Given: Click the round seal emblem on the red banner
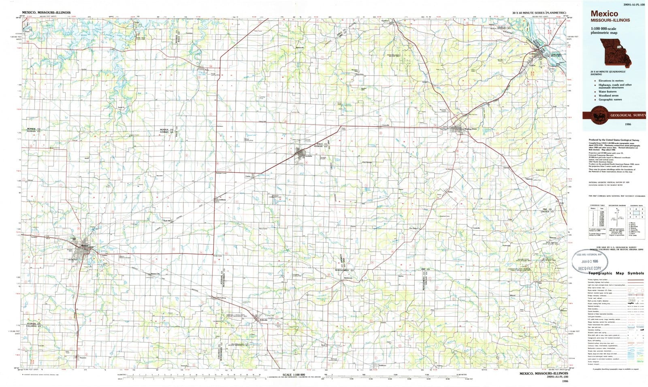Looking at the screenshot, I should click(598, 115).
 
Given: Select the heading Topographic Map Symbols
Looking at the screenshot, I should click(615, 273).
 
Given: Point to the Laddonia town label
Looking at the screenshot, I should click(222, 200).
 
